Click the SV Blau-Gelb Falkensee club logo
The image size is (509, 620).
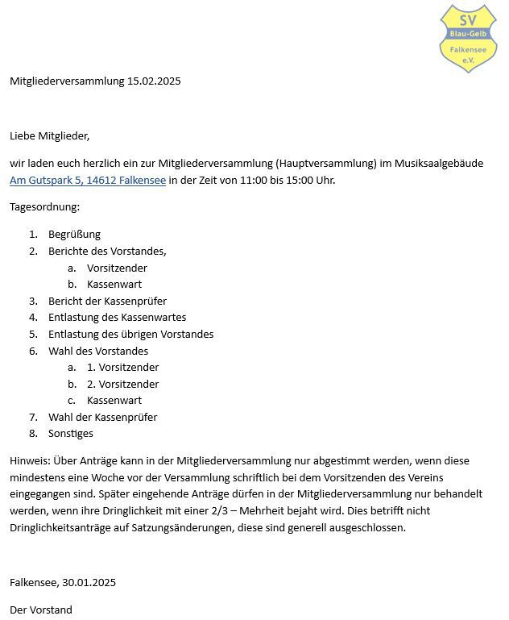[468, 38]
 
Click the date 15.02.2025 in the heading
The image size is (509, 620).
[154, 81]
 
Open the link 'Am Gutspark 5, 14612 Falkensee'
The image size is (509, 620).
[88, 180]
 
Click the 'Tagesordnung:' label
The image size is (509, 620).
[44, 206]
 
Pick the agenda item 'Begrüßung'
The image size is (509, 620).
[74, 235]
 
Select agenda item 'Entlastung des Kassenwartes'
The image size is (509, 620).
[117, 318]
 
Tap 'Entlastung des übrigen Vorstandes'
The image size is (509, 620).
[130, 334]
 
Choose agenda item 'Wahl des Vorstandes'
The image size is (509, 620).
[98, 351]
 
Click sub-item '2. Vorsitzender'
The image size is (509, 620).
[122, 384]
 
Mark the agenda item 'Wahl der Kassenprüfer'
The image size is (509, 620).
[102, 417]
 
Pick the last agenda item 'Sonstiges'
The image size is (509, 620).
[71, 433]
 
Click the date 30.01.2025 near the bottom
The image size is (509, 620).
[89, 582]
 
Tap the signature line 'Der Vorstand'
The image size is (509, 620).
[41, 610]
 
